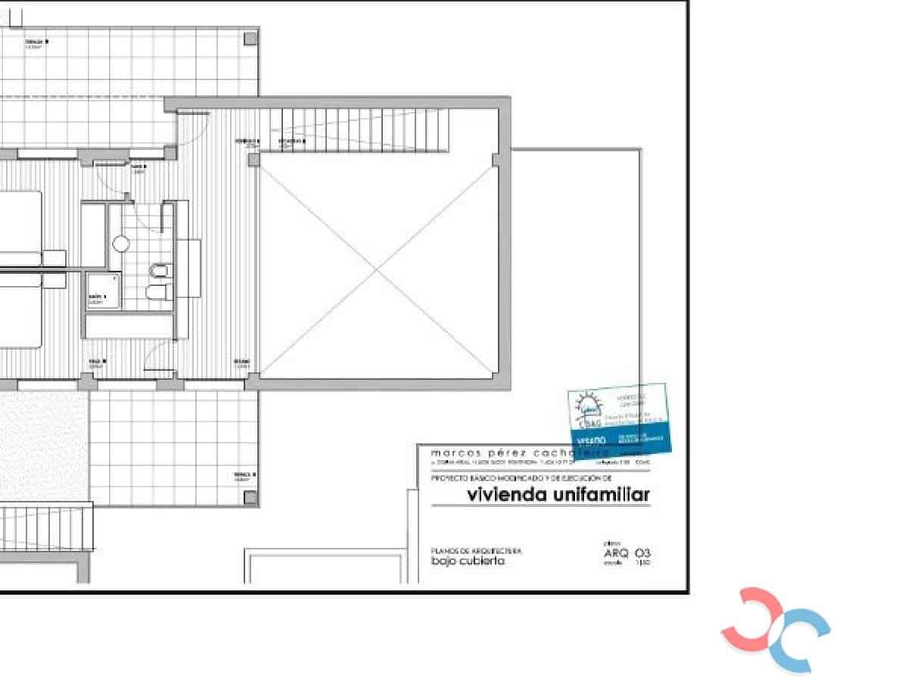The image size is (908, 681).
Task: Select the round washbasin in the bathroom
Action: (x=121, y=244)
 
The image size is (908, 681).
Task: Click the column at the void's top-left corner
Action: (x=253, y=160)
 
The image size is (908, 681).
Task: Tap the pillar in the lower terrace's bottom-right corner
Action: (x=250, y=497)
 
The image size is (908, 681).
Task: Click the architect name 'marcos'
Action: (x=452, y=452)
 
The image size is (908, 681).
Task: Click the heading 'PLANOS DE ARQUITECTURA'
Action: (x=476, y=551)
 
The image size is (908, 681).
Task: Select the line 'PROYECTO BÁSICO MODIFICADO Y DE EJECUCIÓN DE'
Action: (x=521, y=478)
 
